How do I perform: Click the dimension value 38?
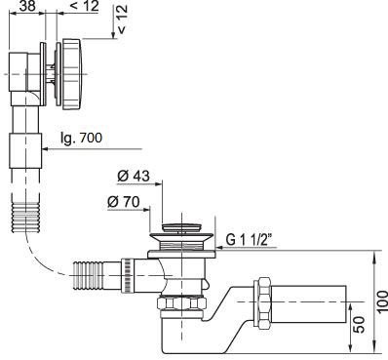27,6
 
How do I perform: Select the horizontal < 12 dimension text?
84,6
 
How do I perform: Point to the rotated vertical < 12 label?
122,20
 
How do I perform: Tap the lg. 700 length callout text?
81,138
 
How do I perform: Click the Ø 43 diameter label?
134,176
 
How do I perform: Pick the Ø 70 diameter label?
124,202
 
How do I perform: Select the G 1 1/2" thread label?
249,240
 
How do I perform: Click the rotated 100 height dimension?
382,301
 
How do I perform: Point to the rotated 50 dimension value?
359,325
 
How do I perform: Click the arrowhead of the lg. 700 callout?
46,149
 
